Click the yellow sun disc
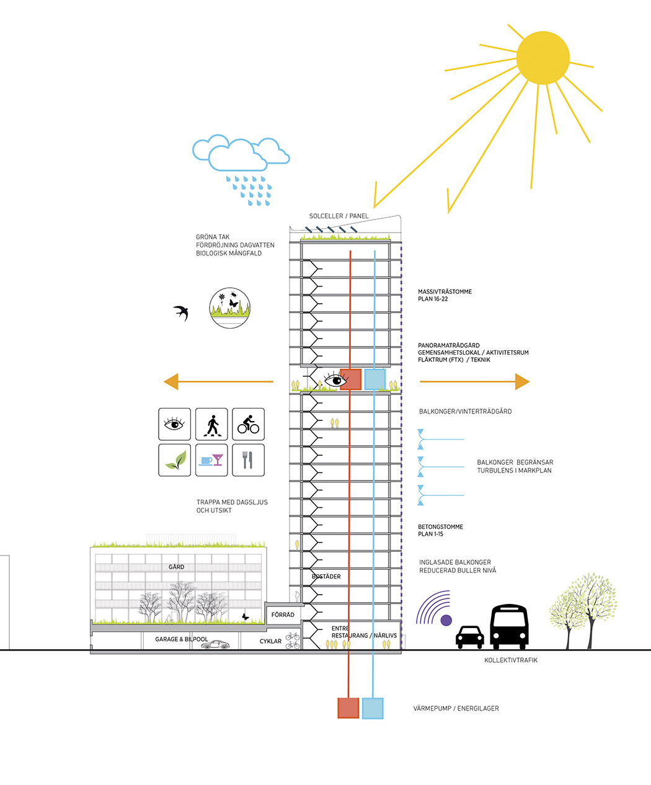pos(542,58)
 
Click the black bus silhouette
pos(509,626)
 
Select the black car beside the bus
pos(469,637)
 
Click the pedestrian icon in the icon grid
pos(211,425)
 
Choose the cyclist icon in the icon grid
pos(248,425)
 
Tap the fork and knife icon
pos(248,460)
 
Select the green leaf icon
pos(174,460)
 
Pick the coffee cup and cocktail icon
pos(211,460)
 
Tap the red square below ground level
pos(348,708)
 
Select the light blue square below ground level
pos(373,708)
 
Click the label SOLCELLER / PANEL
pos(339,216)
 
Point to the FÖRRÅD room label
pos(283,615)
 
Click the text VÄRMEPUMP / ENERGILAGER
pos(456,708)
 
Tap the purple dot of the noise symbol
pos(446,620)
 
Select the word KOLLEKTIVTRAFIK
pos(511,660)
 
